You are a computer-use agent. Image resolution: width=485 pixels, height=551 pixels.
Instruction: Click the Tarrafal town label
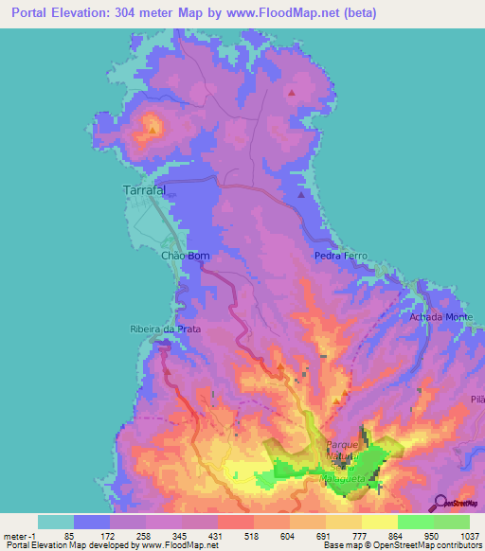(145, 190)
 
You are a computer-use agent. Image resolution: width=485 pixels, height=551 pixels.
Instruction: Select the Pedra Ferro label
(340, 256)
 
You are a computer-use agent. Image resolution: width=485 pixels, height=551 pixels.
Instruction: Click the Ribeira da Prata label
(165, 329)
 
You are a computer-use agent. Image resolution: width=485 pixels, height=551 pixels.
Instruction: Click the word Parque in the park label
(342, 443)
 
